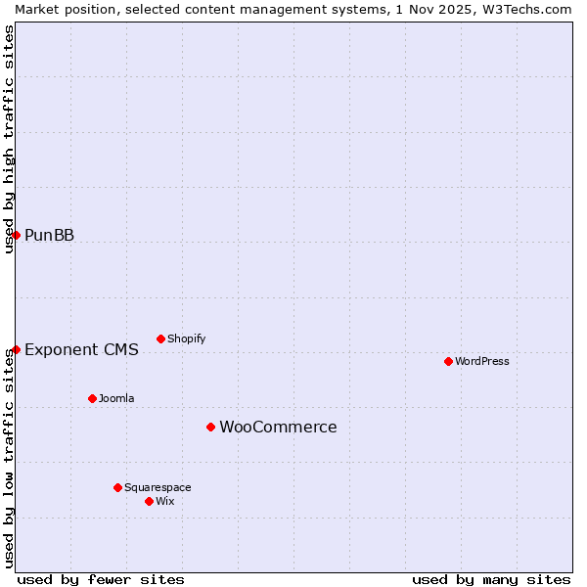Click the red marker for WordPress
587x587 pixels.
[x=448, y=361]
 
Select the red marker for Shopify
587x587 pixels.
[x=160, y=339]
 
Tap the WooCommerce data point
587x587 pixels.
[x=210, y=427]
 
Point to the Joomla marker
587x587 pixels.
[x=92, y=398]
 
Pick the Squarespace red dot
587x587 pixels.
[x=117, y=487]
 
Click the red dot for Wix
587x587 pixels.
[x=149, y=501]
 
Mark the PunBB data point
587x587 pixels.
[x=16, y=235]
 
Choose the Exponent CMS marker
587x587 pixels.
[x=16, y=349]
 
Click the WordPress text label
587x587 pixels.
[x=482, y=361]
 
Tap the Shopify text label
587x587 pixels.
[x=186, y=339]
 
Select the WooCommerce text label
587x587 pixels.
[x=278, y=427]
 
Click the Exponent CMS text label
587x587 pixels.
[x=81, y=349]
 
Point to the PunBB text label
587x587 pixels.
[x=49, y=235]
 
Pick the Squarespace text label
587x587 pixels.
[x=158, y=487]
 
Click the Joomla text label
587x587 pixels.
[x=116, y=398]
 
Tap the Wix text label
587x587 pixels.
[x=165, y=501]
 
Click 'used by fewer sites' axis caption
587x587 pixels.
[x=101, y=579]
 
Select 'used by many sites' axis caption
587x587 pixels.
[x=491, y=579]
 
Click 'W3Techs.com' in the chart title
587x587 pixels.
[x=525, y=9]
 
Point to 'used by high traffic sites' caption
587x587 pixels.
[x=9, y=139]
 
